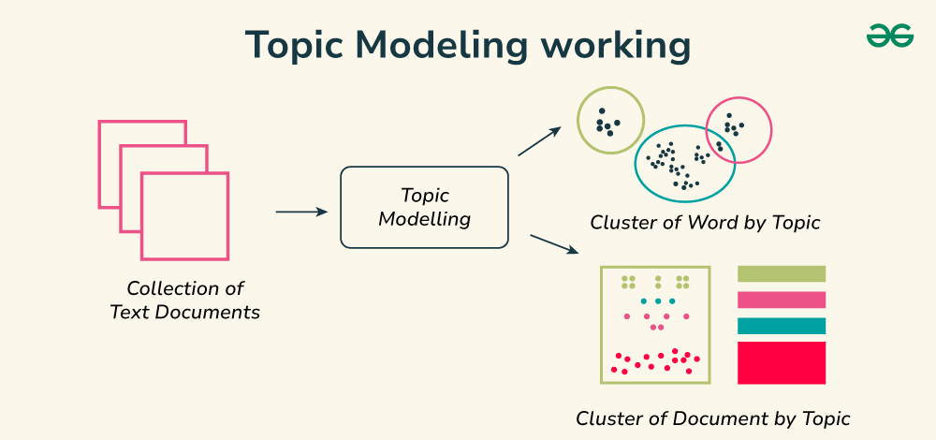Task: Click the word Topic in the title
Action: [x=291, y=45]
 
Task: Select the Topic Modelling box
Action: [x=424, y=208]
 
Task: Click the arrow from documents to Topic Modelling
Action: [x=301, y=213]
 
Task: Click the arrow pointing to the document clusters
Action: [x=556, y=245]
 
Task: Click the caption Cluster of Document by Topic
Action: [x=712, y=418]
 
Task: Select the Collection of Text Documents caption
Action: [x=184, y=301]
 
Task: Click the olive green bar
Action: [x=782, y=273]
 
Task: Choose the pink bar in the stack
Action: [x=782, y=300]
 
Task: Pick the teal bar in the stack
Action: [x=782, y=326]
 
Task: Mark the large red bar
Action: [x=782, y=362]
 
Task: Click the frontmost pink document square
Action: [x=184, y=216]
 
